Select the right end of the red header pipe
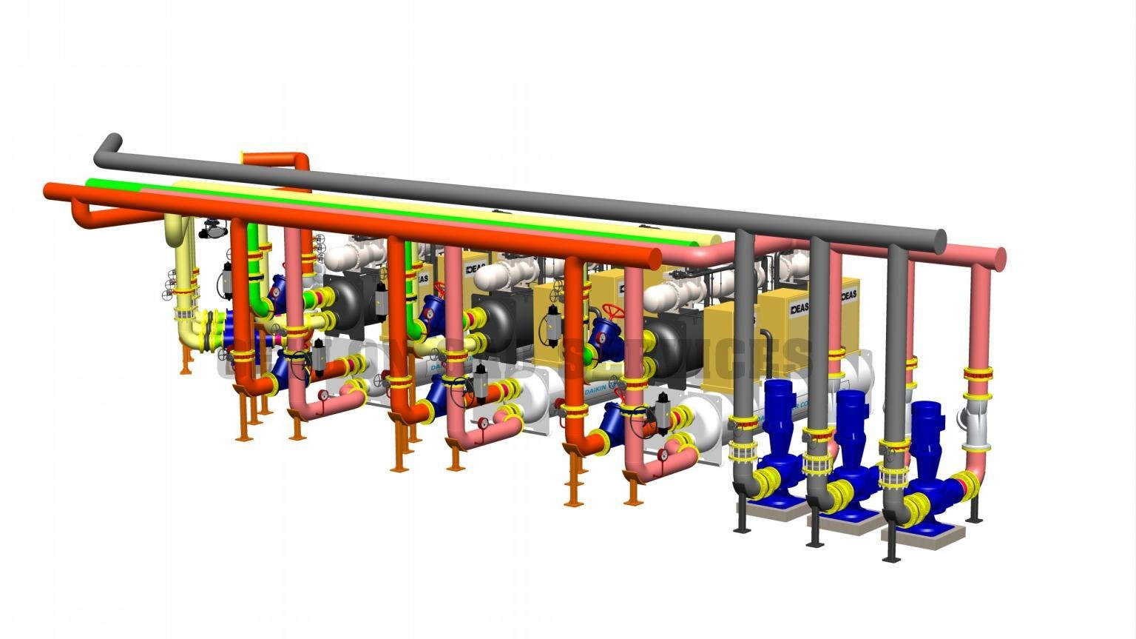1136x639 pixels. click(x=654, y=258)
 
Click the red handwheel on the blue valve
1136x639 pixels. click(x=613, y=309)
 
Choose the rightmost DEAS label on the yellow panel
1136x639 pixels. click(x=848, y=295)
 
